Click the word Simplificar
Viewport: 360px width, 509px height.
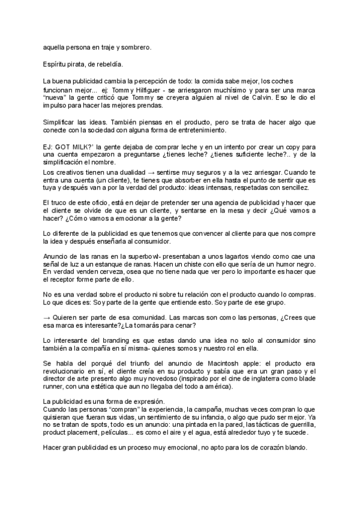coord(62,121)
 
